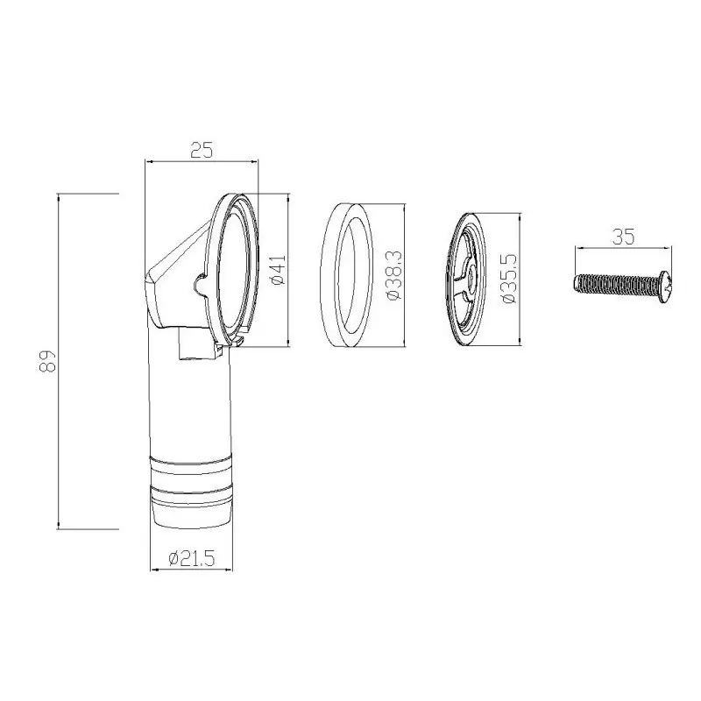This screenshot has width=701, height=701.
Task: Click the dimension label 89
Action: click(x=47, y=361)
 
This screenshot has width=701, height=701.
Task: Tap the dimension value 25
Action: click(x=202, y=150)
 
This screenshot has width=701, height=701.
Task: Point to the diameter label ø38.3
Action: click(x=395, y=275)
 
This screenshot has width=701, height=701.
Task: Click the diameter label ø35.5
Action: click(x=510, y=279)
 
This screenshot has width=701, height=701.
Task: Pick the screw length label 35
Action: click(x=623, y=237)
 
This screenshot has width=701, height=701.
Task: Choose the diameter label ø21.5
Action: click(x=192, y=558)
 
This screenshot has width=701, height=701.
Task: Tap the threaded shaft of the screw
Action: click(x=617, y=283)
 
